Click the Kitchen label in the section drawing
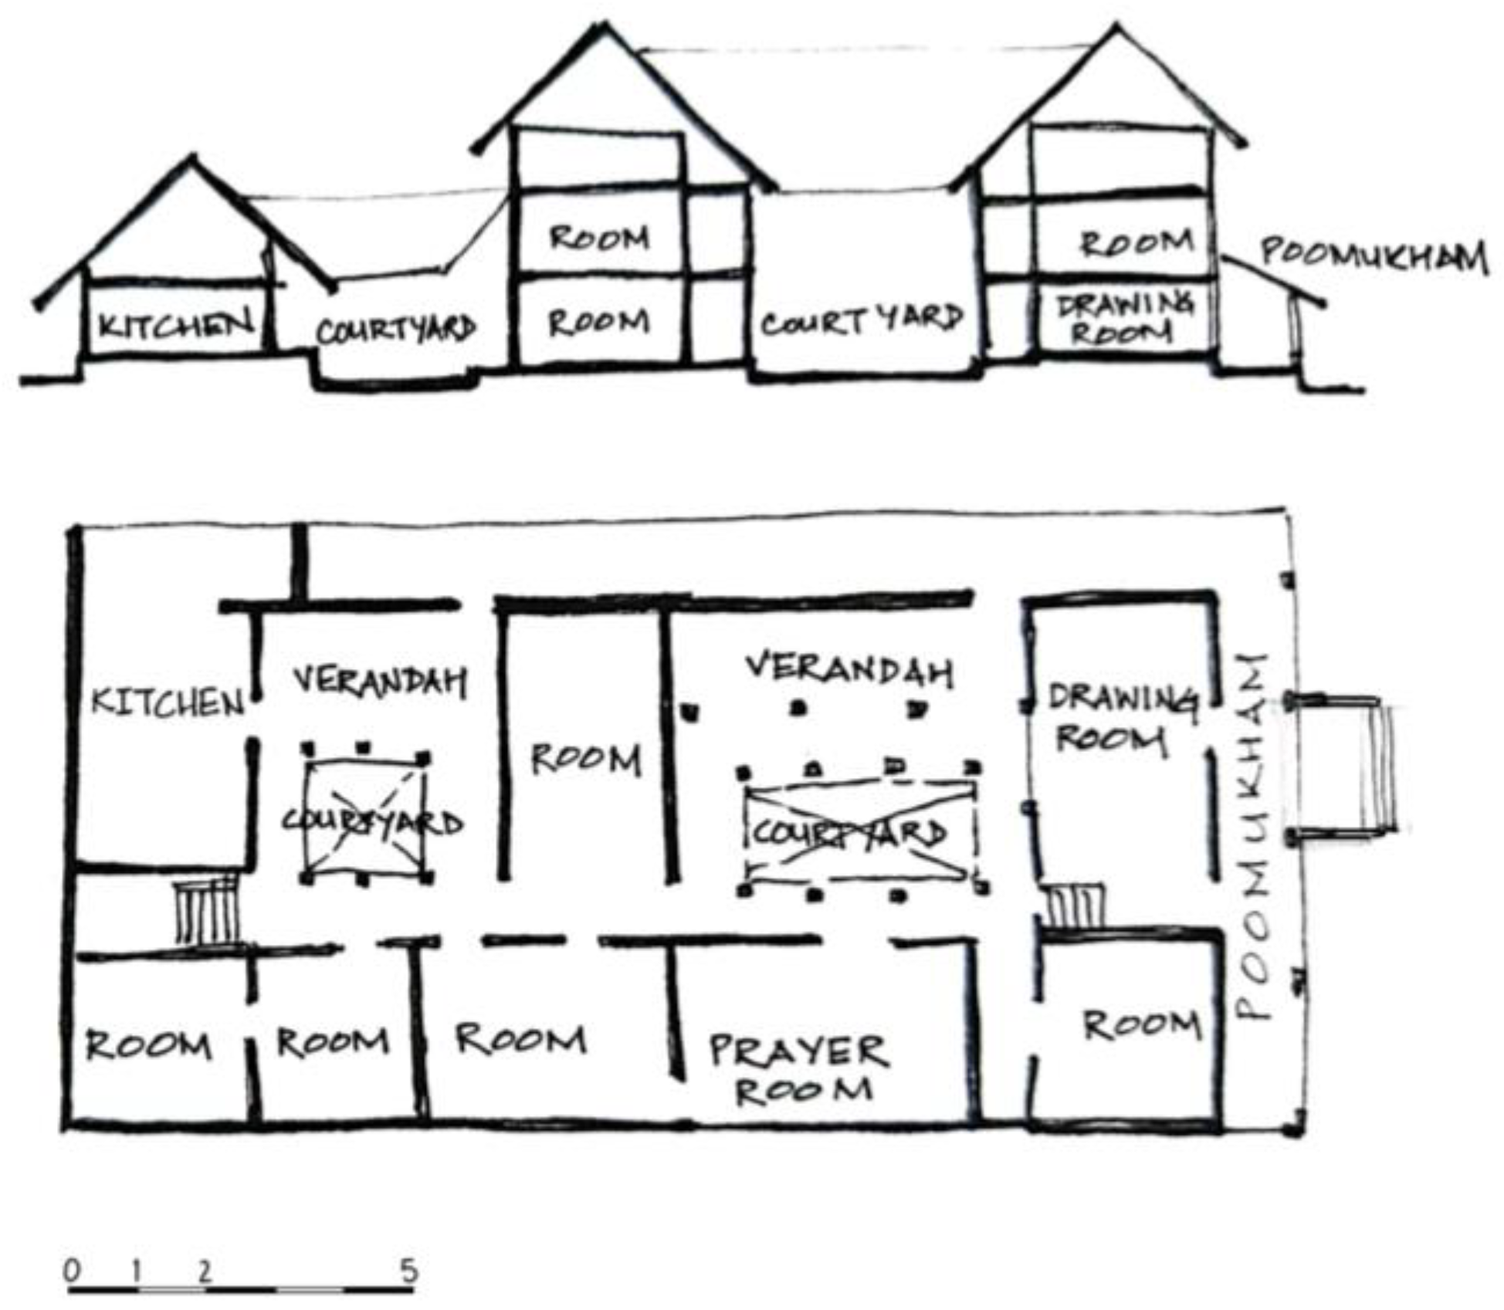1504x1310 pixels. (176, 324)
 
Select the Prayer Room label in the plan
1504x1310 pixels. (798, 1069)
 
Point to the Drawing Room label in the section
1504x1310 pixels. (1124, 318)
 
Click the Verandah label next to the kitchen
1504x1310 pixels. (380, 681)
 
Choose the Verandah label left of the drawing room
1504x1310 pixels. (849, 670)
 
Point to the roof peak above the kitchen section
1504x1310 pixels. (192, 160)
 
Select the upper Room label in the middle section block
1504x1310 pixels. (598, 237)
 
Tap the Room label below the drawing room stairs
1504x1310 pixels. (1141, 1025)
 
